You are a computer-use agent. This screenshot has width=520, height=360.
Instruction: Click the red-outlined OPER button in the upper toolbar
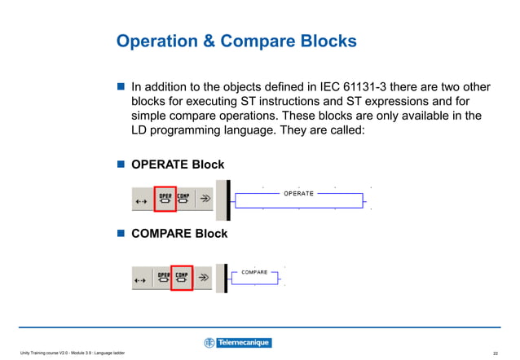pyautogui.click(x=165, y=199)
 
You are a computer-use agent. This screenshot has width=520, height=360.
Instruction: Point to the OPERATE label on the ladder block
pyautogui.click(x=298, y=193)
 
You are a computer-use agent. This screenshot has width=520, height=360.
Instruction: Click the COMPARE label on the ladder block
pyautogui.click(x=255, y=271)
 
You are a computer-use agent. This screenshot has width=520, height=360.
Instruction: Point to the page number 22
pyautogui.click(x=496, y=352)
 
